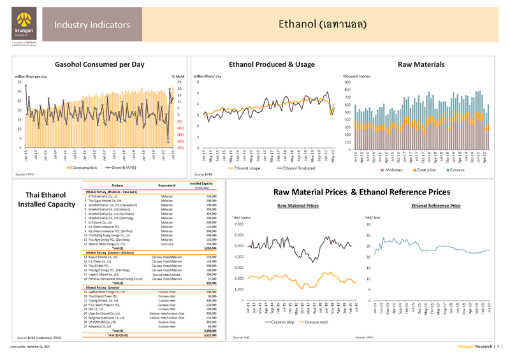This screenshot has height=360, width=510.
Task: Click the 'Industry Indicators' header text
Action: pos(92,25)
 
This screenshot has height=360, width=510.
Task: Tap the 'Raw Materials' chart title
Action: pos(421,65)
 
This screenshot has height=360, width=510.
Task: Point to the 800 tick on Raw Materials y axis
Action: pos(347,82)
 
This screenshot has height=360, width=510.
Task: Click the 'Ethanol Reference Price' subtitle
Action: pos(436,206)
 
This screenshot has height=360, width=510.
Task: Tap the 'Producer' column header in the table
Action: pos(112,185)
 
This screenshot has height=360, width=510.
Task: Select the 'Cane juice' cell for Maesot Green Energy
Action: pos(167,243)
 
